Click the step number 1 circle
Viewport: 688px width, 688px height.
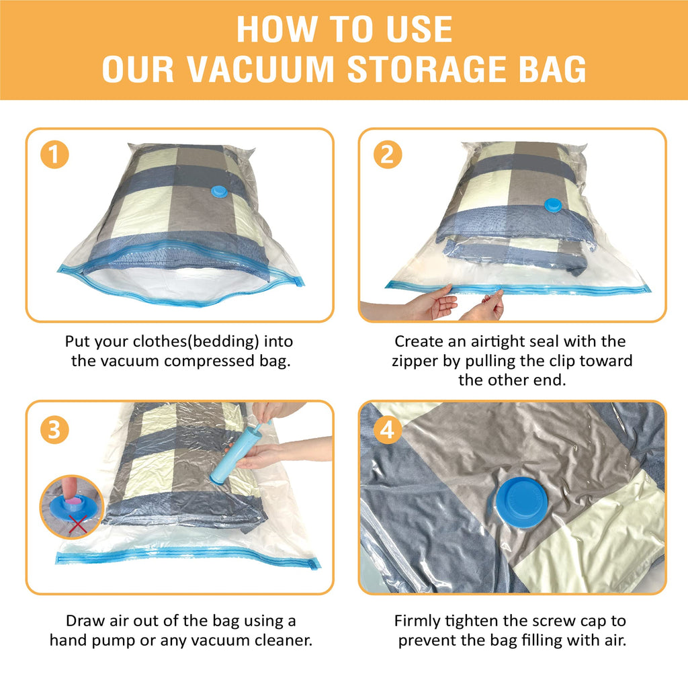pos(54,155)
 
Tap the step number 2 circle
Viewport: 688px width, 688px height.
pos(387,155)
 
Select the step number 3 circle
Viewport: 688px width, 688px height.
pos(54,430)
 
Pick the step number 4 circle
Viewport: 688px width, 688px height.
pos(387,430)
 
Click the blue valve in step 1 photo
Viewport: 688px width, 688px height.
pos(220,191)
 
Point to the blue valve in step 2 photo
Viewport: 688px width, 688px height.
pos(552,204)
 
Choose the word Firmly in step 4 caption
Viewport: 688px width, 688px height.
pos(419,620)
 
